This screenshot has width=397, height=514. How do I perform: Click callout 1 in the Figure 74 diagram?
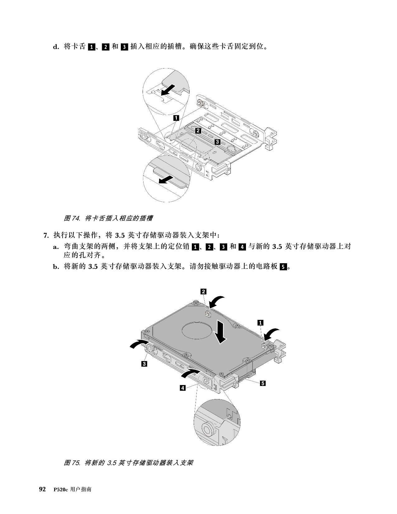point(176,117)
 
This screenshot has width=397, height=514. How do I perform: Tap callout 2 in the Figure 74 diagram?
point(198,131)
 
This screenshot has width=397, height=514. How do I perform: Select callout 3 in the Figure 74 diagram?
point(217,142)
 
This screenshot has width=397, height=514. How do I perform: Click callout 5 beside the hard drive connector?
point(263,383)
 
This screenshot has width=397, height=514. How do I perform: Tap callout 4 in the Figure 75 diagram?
point(182,388)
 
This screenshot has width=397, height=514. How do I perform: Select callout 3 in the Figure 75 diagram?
point(144,364)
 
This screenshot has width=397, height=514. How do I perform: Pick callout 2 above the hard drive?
point(203,291)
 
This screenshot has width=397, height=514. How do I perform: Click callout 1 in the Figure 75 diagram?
point(260,323)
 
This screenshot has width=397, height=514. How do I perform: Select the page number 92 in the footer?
point(42,489)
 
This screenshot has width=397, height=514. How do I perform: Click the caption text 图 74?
point(72,218)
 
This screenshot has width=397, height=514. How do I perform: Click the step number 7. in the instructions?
point(46,235)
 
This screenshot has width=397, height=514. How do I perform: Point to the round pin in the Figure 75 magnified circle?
point(208,428)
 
